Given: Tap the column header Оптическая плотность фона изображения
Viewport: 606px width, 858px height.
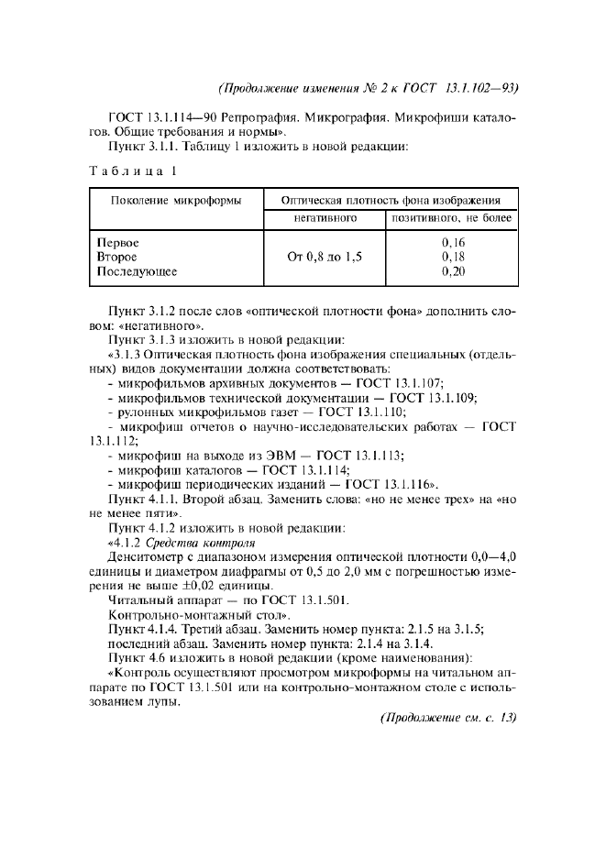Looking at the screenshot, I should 390,200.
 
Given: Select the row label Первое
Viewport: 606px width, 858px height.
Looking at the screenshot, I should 117,242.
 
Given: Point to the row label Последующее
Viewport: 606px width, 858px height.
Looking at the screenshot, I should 137,271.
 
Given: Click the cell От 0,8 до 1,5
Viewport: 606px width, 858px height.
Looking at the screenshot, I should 324,257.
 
